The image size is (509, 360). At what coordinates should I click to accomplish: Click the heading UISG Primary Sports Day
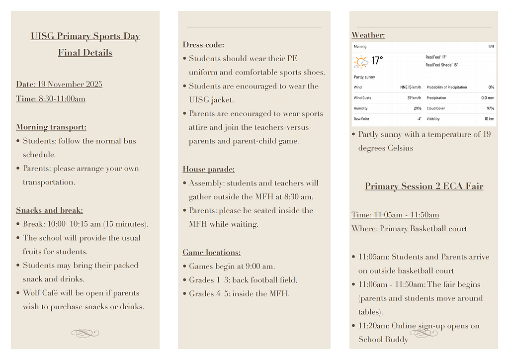[x=85, y=36]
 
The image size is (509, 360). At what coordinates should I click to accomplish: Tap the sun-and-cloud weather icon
[x=361, y=62]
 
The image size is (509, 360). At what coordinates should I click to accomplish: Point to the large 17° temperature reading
[x=377, y=61]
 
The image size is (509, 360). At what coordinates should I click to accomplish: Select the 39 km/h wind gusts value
[x=414, y=98]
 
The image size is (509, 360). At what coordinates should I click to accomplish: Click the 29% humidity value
[x=417, y=108]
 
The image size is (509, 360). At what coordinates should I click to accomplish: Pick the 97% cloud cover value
[x=490, y=108]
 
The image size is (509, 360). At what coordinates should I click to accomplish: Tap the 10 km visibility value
[x=489, y=119]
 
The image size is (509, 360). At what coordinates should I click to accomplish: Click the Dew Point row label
[x=361, y=119]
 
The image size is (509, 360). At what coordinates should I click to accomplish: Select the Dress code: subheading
[x=203, y=45]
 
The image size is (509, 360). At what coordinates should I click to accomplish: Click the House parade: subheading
[x=208, y=169]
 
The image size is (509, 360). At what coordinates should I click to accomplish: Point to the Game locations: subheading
[x=211, y=253]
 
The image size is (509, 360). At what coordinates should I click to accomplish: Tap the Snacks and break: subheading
[x=49, y=210]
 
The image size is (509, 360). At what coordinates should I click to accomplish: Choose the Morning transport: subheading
[x=51, y=127]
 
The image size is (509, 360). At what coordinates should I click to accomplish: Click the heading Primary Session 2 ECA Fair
[x=424, y=186]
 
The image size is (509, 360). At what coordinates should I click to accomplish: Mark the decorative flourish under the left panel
[x=85, y=333]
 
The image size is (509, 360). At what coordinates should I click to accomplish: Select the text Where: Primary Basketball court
[x=409, y=229]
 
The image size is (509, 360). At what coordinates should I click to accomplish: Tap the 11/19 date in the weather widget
[x=491, y=47]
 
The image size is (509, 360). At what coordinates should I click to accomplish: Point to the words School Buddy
[x=383, y=340]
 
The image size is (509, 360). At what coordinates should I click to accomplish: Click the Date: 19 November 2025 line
[x=59, y=84]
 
